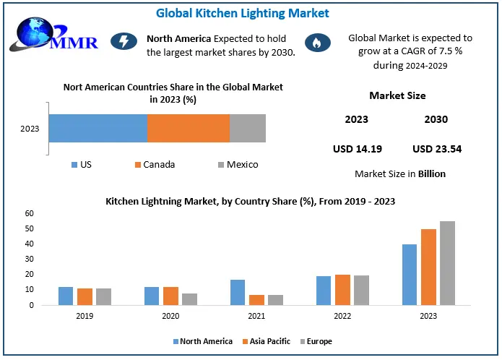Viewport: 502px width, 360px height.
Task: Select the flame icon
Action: pos(315,42)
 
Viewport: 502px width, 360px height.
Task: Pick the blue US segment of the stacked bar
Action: pos(98,128)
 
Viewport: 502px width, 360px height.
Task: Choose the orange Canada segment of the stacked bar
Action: pos(188,128)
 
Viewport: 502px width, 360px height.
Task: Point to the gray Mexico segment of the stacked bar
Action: pos(247,128)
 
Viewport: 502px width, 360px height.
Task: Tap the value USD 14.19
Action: pos(357,149)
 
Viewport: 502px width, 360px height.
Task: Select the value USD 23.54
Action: pos(436,149)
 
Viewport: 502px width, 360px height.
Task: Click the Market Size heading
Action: pos(397,95)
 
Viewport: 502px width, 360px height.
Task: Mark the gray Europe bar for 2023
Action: pos(447,263)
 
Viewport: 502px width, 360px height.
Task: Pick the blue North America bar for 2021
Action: pos(238,292)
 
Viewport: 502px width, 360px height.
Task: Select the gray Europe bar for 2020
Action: pos(189,299)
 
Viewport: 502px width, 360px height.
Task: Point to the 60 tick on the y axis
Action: pos(29,213)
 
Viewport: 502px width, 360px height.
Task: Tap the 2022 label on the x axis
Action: pos(343,316)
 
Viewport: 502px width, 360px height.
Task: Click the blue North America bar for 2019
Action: pos(66,296)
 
